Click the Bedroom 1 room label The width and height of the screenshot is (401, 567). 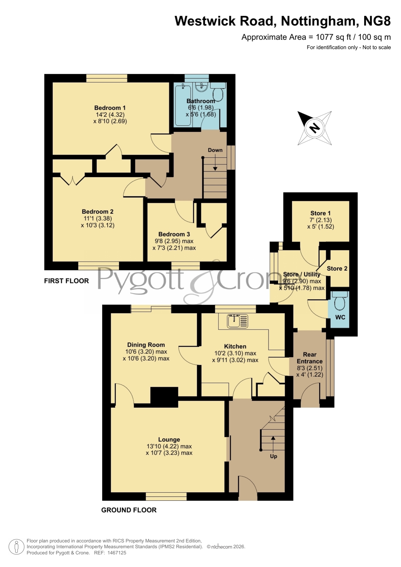point(110,108)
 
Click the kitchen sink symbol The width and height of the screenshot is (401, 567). point(237,321)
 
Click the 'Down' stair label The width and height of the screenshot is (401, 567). point(215,150)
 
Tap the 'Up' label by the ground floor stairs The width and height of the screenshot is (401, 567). point(273,456)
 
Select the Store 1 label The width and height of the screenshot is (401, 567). point(320,213)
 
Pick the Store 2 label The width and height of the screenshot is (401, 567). point(337,268)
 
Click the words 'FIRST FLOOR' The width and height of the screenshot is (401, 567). point(67,281)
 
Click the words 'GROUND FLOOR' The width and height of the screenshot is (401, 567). point(129,510)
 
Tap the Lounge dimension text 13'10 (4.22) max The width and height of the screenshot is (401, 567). point(169,446)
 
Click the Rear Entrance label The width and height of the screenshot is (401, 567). point(310,358)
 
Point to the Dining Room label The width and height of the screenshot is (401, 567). point(146,345)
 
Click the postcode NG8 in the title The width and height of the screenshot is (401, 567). point(377,21)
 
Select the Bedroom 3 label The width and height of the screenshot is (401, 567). point(174,234)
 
